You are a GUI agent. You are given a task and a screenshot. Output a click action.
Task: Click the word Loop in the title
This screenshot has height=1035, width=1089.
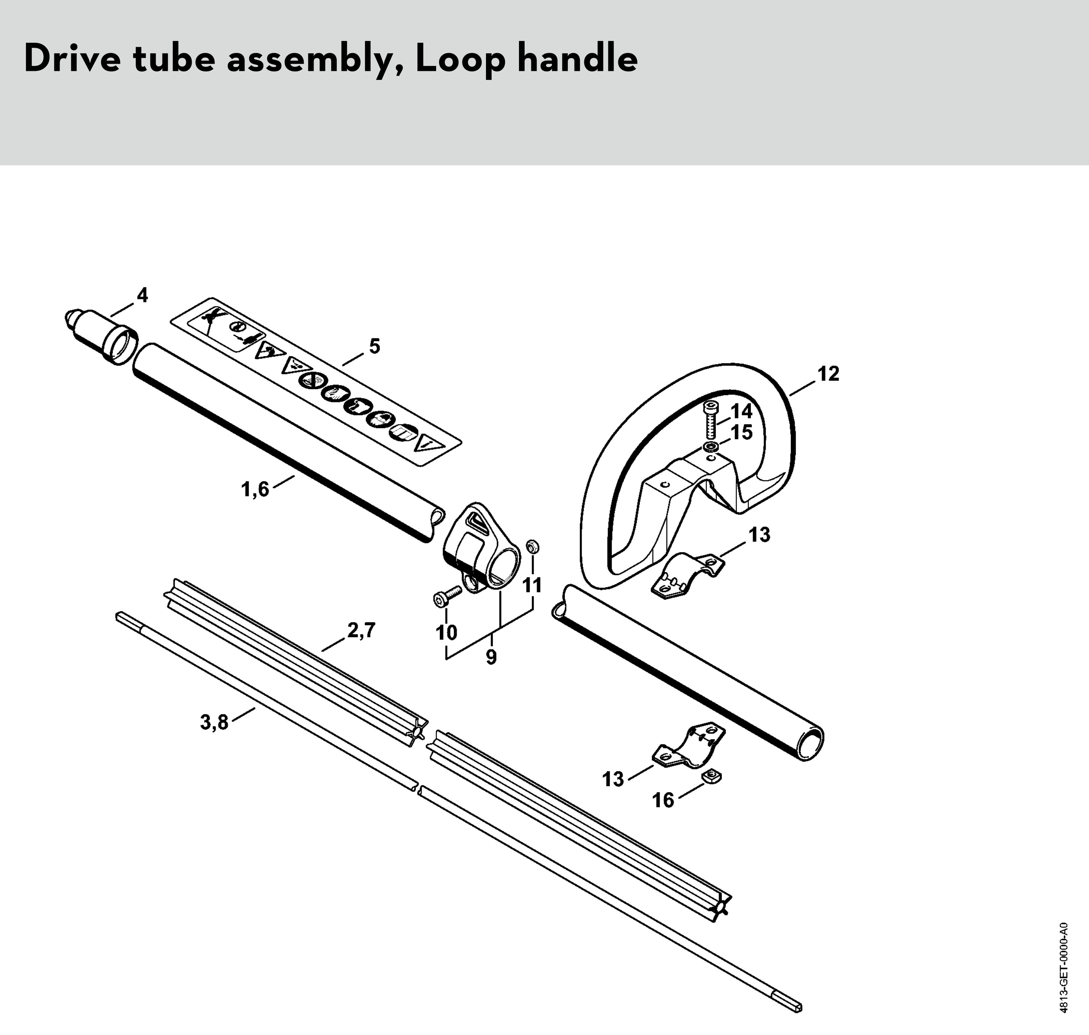point(459,60)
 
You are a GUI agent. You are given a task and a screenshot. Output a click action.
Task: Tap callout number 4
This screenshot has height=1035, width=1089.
point(142,296)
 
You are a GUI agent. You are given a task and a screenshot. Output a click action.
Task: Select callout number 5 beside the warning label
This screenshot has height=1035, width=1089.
point(375,346)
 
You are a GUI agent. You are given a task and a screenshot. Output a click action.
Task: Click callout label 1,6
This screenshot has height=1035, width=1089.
point(255,489)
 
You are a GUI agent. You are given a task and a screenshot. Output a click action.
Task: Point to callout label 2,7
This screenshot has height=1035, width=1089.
point(361,630)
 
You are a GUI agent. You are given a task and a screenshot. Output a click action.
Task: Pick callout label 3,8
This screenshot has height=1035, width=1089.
point(214,721)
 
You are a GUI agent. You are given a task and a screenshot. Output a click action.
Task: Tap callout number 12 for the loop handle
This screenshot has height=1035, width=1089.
point(828,373)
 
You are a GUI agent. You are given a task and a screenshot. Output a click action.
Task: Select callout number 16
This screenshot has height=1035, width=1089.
point(663,800)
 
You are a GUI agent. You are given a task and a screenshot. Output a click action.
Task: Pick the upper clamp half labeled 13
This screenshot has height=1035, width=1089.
point(687,575)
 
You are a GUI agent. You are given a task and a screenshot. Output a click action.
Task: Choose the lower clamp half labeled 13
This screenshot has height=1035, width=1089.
point(689,745)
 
